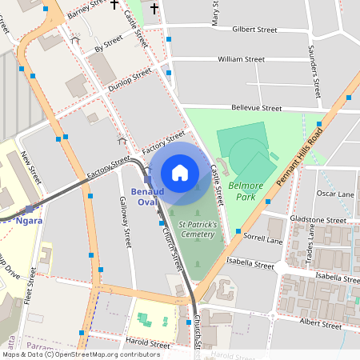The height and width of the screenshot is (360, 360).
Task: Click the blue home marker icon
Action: pos(180,173)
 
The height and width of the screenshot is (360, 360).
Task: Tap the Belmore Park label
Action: pos(246,191)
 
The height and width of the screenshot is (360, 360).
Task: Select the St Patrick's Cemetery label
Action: pos(197,230)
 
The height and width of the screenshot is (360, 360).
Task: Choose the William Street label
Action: pos(241,59)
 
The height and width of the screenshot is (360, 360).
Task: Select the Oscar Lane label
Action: pos(335,194)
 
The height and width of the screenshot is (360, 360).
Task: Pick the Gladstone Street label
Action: pos(318,220)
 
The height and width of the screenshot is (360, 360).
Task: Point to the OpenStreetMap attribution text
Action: pos(81,354)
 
